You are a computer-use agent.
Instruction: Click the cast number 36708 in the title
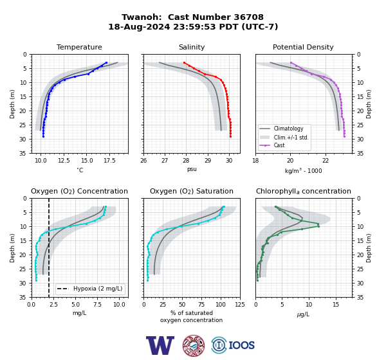[x=248, y=17]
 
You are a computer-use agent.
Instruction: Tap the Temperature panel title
[x=79, y=47]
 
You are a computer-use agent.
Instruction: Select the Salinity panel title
[x=192, y=47]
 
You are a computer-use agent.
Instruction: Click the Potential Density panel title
[x=303, y=47]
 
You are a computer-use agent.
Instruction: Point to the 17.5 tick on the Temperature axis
[x=109, y=161]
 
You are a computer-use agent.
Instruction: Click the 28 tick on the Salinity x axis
[x=186, y=161]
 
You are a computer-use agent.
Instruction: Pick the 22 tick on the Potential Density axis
[x=326, y=161]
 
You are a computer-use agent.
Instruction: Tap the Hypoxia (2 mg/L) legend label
[x=98, y=289]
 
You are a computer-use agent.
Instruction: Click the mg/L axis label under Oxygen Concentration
[x=79, y=313]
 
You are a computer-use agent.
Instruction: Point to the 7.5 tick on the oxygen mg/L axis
[x=98, y=305]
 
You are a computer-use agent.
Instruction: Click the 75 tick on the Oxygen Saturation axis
[x=201, y=305]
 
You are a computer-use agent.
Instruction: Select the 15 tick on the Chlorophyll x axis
[x=336, y=305]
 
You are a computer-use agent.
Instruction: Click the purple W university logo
[x=160, y=345]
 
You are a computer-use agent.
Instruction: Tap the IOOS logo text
[x=241, y=345]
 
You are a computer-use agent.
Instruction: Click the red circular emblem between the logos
[x=194, y=345]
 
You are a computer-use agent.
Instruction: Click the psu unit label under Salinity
[x=192, y=169]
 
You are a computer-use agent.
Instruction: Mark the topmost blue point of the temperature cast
[x=106, y=63]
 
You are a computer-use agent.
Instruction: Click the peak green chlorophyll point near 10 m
[x=318, y=226]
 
